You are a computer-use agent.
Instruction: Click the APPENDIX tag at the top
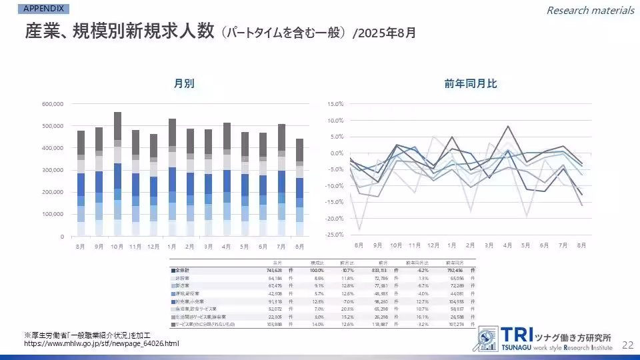pyautogui.click(x=44, y=9)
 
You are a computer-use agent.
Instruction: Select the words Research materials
pyautogui.click(x=590, y=10)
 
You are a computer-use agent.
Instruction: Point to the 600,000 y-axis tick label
pyautogui.click(x=52, y=104)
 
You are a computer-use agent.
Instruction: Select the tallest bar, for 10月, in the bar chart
pyautogui.click(x=117, y=173)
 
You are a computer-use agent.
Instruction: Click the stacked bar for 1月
pyautogui.click(x=172, y=177)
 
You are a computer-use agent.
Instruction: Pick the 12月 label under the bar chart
pyautogui.click(x=154, y=246)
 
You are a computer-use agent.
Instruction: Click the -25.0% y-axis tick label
pyautogui.click(x=334, y=235)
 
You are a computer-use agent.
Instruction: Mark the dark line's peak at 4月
pyautogui.click(x=509, y=126)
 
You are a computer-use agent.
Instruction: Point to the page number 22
pyautogui.click(x=627, y=345)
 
